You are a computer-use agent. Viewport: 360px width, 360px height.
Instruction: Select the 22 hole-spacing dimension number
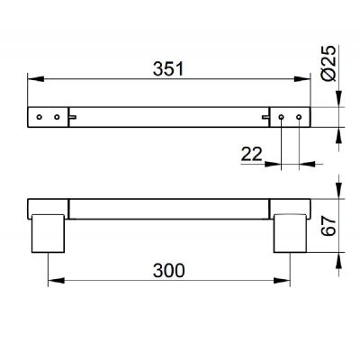(252, 155)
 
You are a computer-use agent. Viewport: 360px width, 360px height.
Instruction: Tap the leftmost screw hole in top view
(40, 117)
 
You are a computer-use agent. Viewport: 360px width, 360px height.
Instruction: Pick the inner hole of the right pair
(282, 117)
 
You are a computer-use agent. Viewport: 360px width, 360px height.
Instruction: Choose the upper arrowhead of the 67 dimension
(338, 197)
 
